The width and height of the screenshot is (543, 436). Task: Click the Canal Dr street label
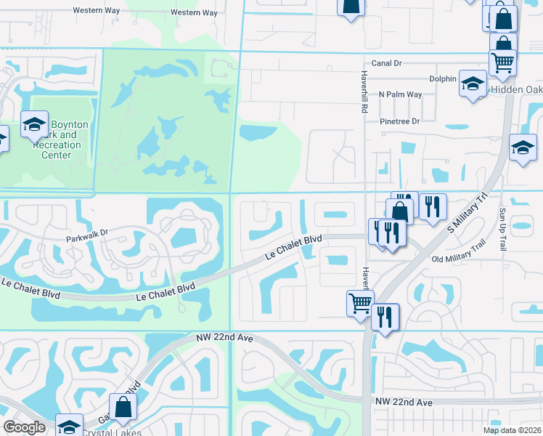pos(386,63)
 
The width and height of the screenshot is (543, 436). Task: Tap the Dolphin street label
pos(443,78)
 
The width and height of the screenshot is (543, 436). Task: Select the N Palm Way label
pos(400,94)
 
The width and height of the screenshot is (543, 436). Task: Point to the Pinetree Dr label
pos(400,121)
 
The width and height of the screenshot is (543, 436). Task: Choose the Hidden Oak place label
pos(516,89)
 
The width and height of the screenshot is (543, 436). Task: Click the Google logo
pos(24,427)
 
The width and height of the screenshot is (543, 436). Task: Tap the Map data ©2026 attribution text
pos(512,430)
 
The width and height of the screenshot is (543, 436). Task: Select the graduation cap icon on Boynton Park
pos(34,124)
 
